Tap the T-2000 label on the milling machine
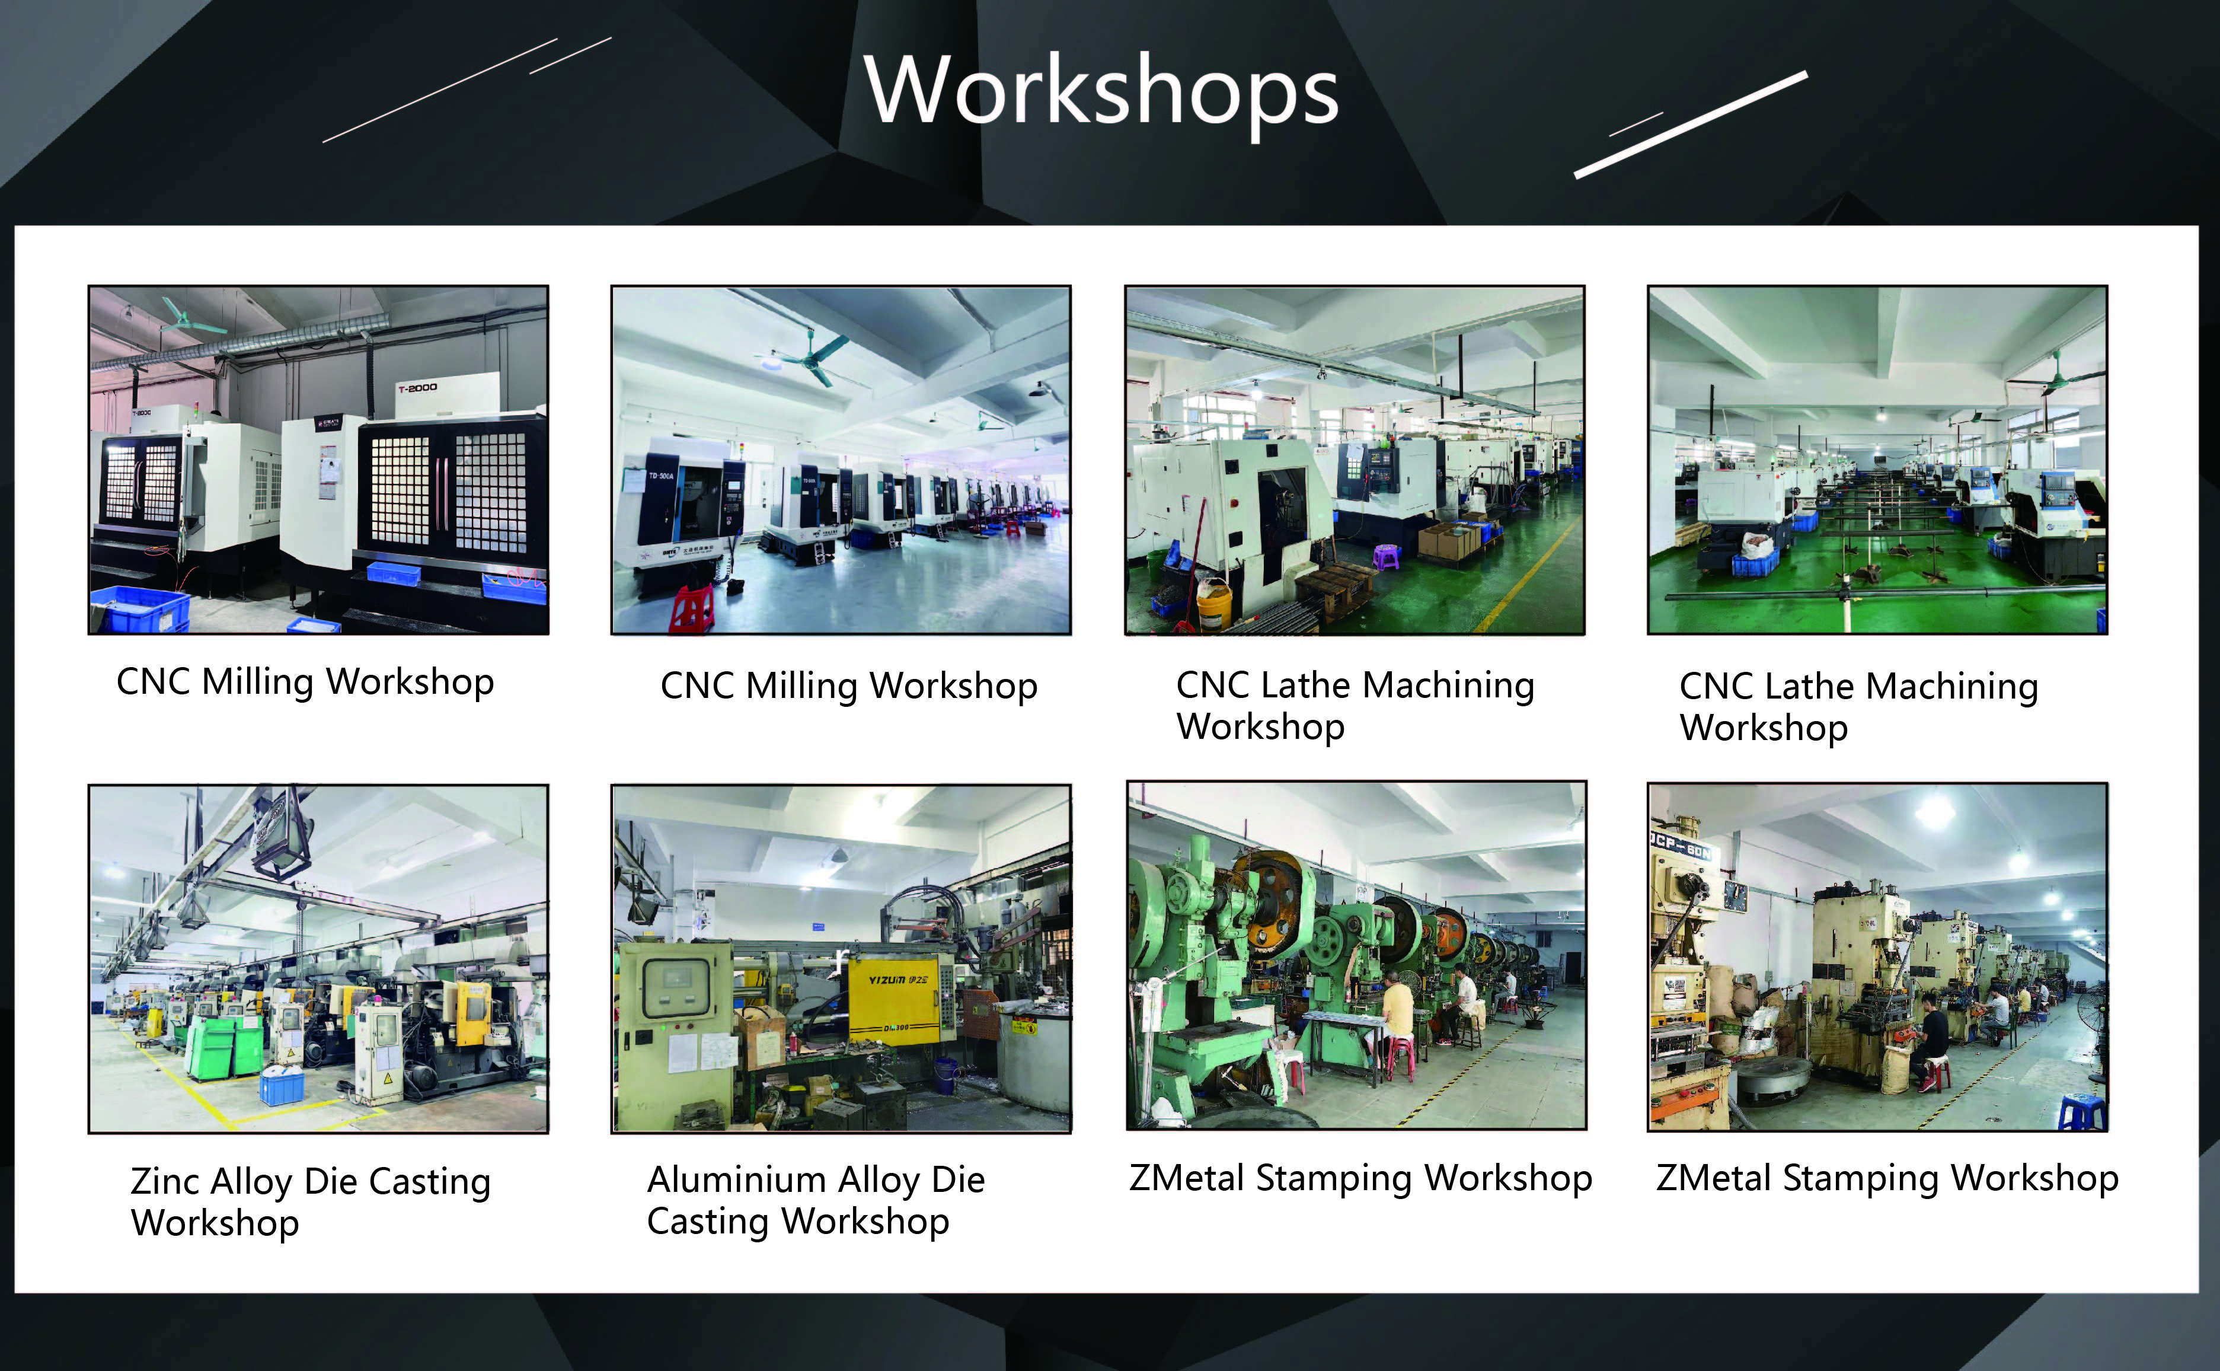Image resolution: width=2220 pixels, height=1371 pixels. (x=417, y=388)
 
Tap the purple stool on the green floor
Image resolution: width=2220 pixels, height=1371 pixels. (x=1386, y=555)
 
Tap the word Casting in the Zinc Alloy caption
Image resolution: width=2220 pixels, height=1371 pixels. (x=430, y=1182)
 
